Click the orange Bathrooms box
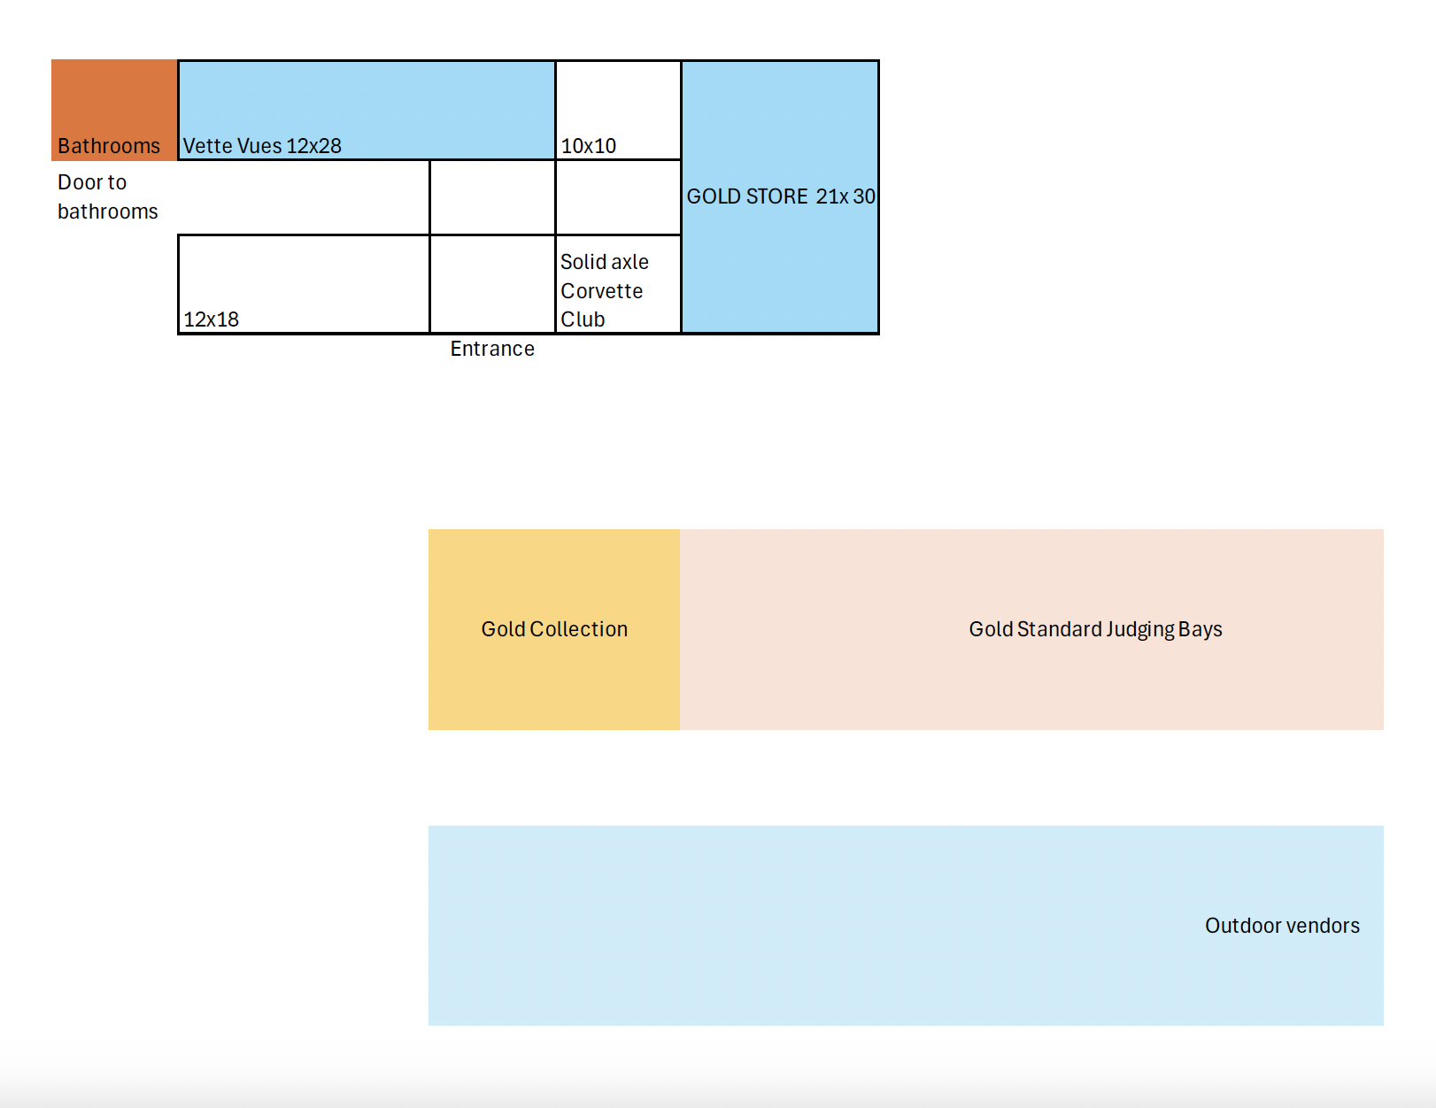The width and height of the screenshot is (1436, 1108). click(x=114, y=110)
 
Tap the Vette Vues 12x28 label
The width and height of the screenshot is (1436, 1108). click(x=262, y=146)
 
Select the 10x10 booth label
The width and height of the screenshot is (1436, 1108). click(x=589, y=146)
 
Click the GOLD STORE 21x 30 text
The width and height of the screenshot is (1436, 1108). click(x=781, y=196)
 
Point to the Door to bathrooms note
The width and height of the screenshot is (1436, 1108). click(x=107, y=196)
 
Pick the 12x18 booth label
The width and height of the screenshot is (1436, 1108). click(x=212, y=319)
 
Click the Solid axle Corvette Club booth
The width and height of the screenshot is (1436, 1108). click(x=618, y=285)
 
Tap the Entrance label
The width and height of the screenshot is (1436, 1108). click(x=492, y=349)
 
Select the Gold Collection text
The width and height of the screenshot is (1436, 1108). click(x=554, y=629)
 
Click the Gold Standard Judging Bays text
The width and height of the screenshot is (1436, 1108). click(x=1095, y=629)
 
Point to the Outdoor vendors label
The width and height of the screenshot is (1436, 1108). click(x=1282, y=926)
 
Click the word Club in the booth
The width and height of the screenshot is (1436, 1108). click(x=583, y=319)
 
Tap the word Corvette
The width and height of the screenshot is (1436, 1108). click(x=602, y=291)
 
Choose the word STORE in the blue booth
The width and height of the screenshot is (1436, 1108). click(x=777, y=196)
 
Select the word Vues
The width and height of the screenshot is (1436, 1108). click(x=259, y=146)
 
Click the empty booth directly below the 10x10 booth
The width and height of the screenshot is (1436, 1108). click(x=618, y=197)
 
